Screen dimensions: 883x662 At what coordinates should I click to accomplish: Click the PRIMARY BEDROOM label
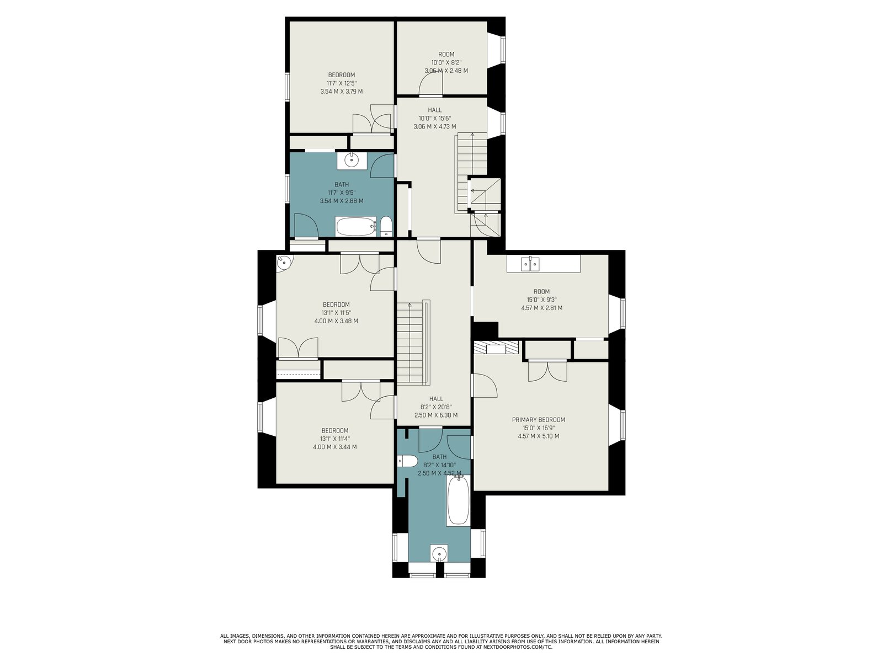tap(538, 420)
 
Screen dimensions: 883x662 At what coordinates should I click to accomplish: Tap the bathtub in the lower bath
tap(458, 500)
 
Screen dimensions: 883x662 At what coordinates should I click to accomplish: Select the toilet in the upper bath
tap(386, 226)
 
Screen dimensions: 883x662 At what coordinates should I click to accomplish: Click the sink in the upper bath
tap(352, 161)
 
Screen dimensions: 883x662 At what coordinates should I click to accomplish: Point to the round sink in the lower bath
tap(439, 554)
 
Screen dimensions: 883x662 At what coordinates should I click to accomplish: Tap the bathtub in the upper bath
tap(355, 227)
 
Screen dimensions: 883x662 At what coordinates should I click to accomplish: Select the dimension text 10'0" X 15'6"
tap(435, 118)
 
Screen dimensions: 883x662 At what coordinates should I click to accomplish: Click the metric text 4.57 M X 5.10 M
tap(538, 436)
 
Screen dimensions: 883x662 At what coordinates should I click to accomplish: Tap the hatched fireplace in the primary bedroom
tap(496, 348)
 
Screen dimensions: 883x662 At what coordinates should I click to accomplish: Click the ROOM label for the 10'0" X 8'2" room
tap(446, 54)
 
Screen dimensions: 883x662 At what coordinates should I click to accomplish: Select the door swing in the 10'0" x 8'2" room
tap(431, 83)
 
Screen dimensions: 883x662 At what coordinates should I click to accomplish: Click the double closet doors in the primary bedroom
tap(547, 371)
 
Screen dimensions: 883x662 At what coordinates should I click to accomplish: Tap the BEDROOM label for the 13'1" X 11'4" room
tap(334, 430)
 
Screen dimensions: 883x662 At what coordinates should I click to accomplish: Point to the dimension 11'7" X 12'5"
tap(342, 83)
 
